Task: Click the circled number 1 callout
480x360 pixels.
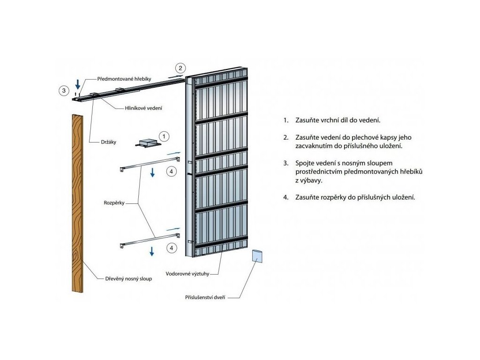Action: (x=164, y=136)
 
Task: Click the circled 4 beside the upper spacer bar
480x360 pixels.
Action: (x=172, y=172)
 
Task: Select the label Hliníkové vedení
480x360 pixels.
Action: (x=142, y=108)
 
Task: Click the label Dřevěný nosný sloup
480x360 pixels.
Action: (x=128, y=278)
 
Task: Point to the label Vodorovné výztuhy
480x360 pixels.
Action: (x=187, y=273)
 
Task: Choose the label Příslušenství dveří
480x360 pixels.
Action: (x=206, y=298)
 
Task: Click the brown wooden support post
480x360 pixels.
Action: (x=78, y=202)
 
